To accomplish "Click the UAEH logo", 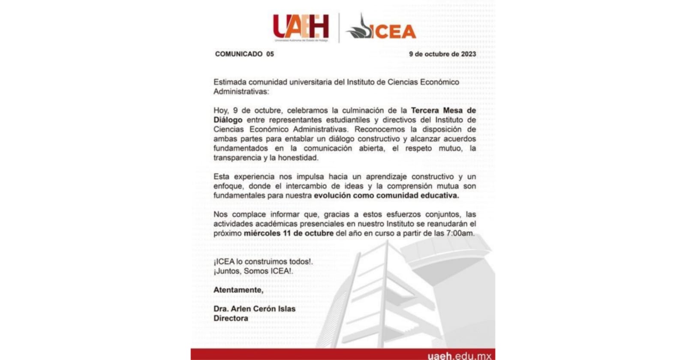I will click(301, 27).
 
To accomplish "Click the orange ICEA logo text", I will click(393, 31).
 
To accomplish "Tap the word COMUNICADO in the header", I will click(239, 54).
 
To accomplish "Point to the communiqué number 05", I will click(270, 54).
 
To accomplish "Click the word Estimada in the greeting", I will click(230, 82).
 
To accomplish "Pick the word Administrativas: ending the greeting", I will click(242, 91).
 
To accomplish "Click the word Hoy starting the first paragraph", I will click(221, 110).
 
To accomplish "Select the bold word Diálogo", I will click(228, 120).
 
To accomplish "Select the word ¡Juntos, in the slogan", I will click(228, 271).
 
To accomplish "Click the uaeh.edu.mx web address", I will click(459, 355).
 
